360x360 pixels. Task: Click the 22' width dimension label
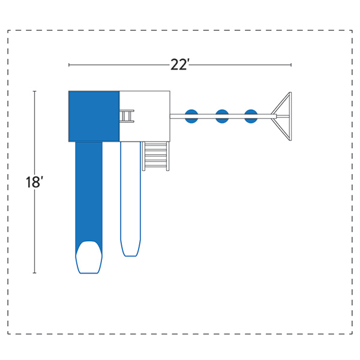(179, 65)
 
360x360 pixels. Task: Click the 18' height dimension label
(34, 182)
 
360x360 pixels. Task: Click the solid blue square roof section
(94, 116)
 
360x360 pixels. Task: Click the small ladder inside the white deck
(127, 116)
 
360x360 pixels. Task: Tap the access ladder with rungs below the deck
(156, 156)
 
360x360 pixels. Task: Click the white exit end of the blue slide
(89, 257)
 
